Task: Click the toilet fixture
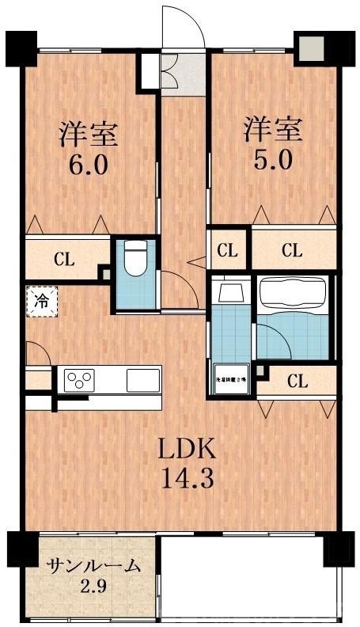pos(135,260)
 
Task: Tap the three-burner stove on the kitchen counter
pos(80,379)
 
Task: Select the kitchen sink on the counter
pos(143,379)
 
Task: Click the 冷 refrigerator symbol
pos(40,300)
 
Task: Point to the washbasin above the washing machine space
pos(231,292)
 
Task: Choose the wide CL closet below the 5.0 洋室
pos(292,251)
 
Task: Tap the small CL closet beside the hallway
pos(228,251)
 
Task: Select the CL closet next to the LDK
pos(297,381)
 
